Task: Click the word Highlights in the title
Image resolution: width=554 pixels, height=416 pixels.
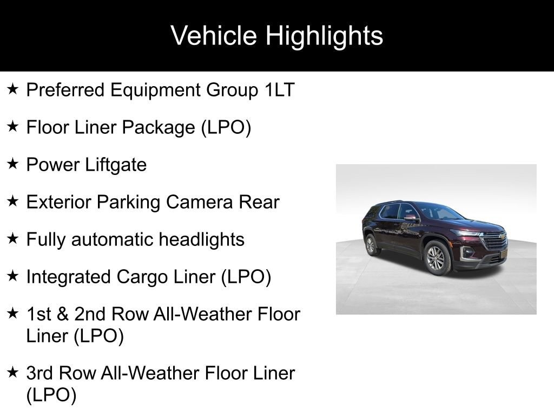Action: point(325,36)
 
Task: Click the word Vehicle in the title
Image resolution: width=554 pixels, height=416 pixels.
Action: point(213,35)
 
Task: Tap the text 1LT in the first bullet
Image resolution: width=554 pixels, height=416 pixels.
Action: point(280,89)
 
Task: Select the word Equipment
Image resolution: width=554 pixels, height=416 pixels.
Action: point(155,90)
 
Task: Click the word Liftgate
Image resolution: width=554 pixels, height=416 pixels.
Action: point(116,165)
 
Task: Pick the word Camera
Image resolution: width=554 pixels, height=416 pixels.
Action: point(199,202)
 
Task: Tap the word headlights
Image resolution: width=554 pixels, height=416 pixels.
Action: point(201,240)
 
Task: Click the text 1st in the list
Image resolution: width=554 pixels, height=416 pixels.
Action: point(39,314)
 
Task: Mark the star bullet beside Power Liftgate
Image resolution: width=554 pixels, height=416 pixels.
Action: point(12,164)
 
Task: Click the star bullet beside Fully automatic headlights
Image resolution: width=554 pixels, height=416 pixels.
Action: point(12,238)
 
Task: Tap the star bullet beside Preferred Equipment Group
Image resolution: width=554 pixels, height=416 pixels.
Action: point(12,89)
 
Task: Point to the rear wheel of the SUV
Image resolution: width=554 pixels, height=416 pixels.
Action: point(371,245)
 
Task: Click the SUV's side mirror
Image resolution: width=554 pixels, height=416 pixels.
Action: point(410,218)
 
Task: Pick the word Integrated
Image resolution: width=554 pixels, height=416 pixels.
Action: point(69,277)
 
